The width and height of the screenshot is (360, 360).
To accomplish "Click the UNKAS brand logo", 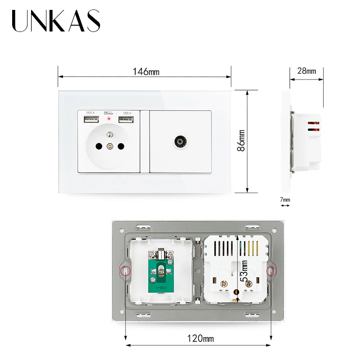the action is (x=56, y=21).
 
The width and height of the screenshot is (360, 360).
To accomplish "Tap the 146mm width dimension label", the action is (x=146, y=72).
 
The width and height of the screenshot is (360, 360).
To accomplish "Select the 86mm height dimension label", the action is (x=242, y=141).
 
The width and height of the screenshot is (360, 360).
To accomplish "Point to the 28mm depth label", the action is (x=306, y=71).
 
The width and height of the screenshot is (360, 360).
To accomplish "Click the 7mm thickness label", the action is (x=285, y=199).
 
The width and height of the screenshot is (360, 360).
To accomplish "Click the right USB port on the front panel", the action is (x=126, y=120).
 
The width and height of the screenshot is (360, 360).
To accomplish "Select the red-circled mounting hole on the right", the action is (x=271, y=271).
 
